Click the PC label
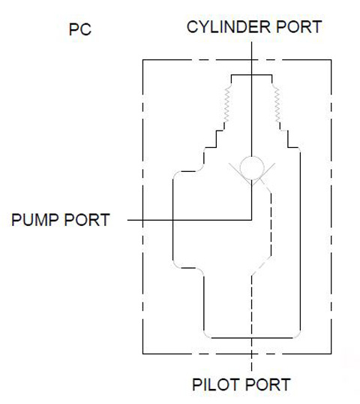80,29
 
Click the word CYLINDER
229,27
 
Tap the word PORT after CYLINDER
298,27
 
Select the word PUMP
35,220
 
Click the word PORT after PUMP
87,220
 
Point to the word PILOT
216,384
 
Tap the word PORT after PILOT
268,384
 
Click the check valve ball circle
252,168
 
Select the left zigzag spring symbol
227,105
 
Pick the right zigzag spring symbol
277,105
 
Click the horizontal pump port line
190,220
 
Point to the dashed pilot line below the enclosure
252,363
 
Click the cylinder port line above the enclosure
252,50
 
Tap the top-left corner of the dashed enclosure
143,60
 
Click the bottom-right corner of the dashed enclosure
331,354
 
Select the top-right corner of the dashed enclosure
331,60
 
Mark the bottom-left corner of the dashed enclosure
143,354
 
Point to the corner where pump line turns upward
252,220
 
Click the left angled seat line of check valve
240,174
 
